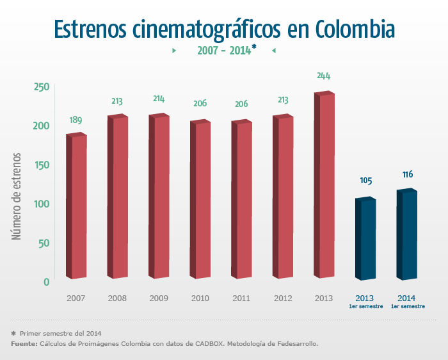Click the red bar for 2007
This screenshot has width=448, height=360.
click(x=77, y=206)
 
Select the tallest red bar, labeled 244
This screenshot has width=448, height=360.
click(x=325, y=186)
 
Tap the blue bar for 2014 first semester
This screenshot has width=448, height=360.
click(x=407, y=234)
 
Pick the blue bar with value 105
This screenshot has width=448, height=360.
click(x=365, y=239)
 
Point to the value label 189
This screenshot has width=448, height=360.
click(x=76, y=120)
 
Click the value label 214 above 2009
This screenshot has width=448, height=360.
click(x=159, y=99)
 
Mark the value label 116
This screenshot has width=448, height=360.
click(x=408, y=174)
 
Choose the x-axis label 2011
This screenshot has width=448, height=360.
click(x=241, y=299)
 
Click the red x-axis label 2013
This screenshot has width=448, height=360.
click(x=324, y=299)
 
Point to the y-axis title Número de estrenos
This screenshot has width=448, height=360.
click(x=17, y=196)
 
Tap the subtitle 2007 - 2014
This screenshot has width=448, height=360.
click(x=223, y=50)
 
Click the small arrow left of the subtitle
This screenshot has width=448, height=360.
click(x=174, y=50)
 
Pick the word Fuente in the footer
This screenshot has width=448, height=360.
click(x=24, y=344)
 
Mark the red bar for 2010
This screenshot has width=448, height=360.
click(x=200, y=200)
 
